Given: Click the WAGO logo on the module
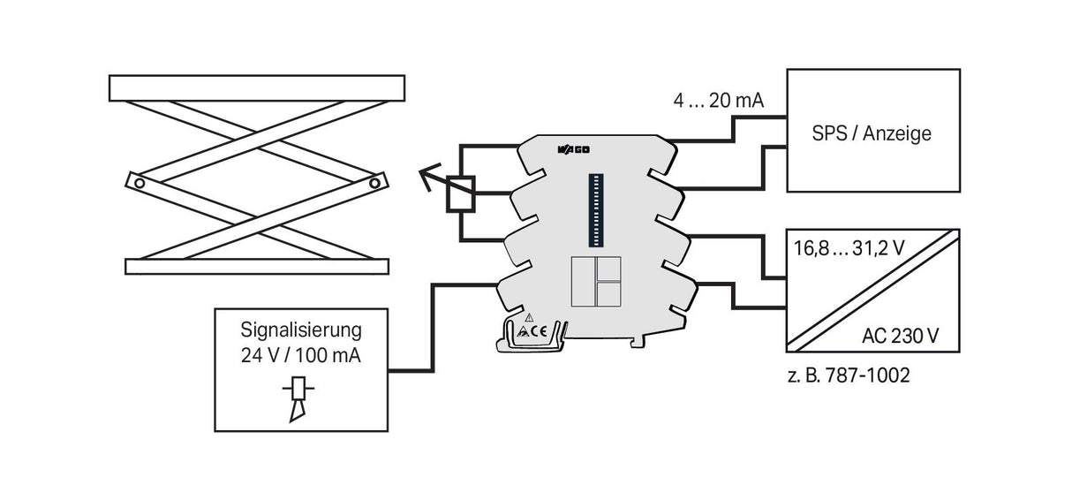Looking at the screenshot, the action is (573, 150).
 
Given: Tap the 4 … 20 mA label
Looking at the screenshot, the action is (718, 101).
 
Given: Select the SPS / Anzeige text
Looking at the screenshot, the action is (872, 133).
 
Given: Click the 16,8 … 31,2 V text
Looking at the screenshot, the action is (849, 248).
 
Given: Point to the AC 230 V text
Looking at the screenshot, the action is (900, 336).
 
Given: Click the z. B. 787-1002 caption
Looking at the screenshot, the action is (849, 375).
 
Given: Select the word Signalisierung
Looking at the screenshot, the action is (301, 330).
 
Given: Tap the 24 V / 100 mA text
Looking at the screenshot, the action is (301, 355).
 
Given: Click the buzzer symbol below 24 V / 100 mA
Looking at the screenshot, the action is (298, 399).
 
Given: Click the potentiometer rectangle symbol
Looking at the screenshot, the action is (461, 194).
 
